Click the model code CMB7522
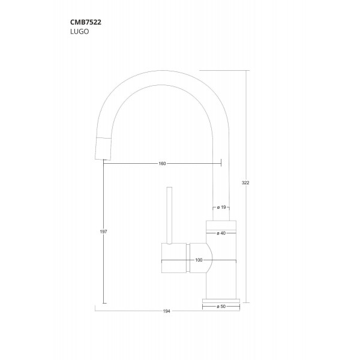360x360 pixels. pyautogui.click(x=86, y=22)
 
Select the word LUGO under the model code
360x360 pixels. pyautogui.click(x=79, y=31)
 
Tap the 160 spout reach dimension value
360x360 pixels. pyautogui.click(x=162, y=164)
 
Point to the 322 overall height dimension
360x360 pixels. pyautogui.click(x=245, y=183)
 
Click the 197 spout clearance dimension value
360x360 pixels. pyautogui.click(x=103, y=232)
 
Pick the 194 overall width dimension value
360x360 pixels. pyautogui.click(x=166, y=311)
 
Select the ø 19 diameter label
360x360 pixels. pyautogui.click(x=221, y=208)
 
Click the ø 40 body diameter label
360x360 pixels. pyautogui.click(x=221, y=233)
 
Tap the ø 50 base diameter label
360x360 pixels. pyautogui.click(x=221, y=307)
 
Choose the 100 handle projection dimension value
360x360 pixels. pyautogui.click(x=199, y=260)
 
